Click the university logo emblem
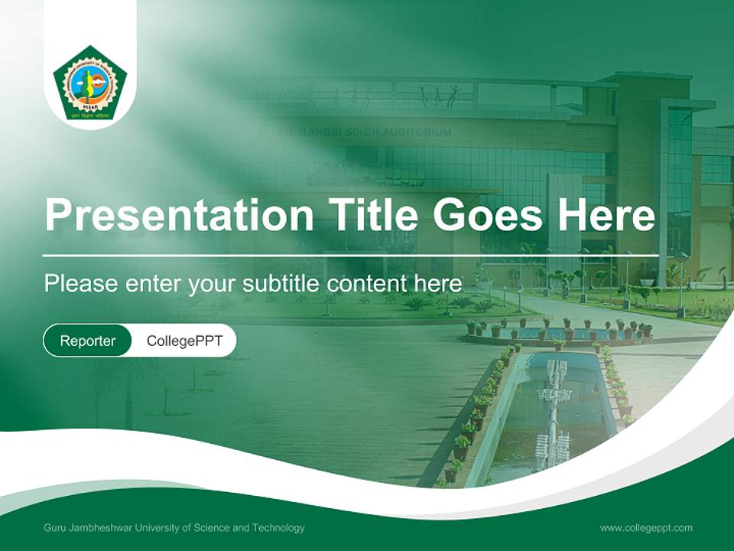[x=90, y=83]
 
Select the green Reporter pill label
[x=87, y=341]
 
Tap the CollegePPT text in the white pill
[x=184, y=341]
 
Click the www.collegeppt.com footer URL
[x=646, y=528]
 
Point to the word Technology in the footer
[x=278, y=528]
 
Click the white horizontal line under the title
[x=350, y=256]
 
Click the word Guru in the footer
[x=54, y=528]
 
